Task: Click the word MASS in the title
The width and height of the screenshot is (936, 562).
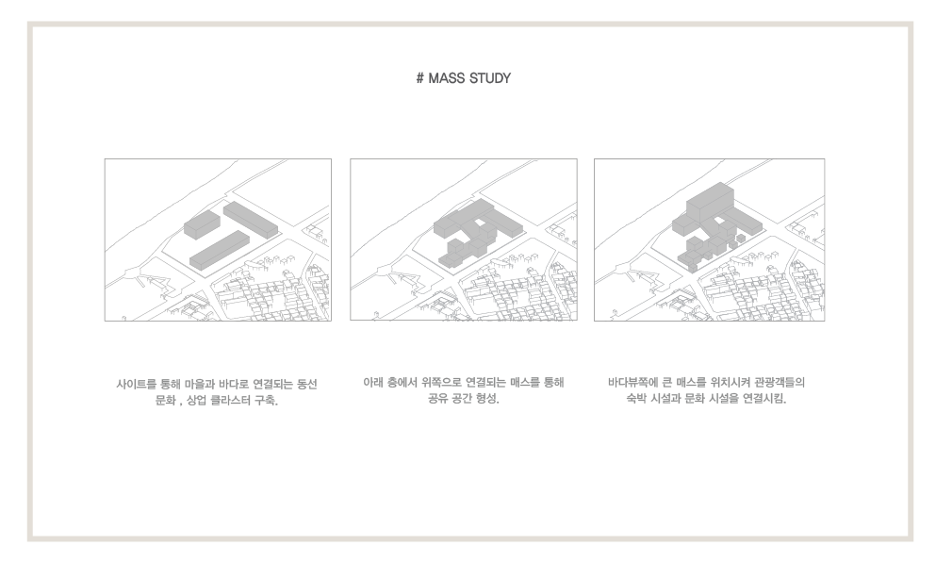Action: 447,78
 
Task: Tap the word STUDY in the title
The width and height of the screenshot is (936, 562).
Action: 491,78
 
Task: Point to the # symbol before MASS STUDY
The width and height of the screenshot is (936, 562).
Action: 420,78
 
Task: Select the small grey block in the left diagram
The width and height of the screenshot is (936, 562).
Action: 202,224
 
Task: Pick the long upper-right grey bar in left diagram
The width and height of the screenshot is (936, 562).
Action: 251,219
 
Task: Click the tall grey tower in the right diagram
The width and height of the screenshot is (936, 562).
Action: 709,202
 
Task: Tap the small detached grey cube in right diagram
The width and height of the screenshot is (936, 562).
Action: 740,239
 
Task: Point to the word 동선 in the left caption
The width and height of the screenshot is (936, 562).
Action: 307,384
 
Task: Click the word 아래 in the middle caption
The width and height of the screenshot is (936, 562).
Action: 373,382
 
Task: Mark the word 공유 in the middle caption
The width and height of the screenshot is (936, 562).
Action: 438,398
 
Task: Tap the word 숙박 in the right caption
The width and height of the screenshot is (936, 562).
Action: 636,398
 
